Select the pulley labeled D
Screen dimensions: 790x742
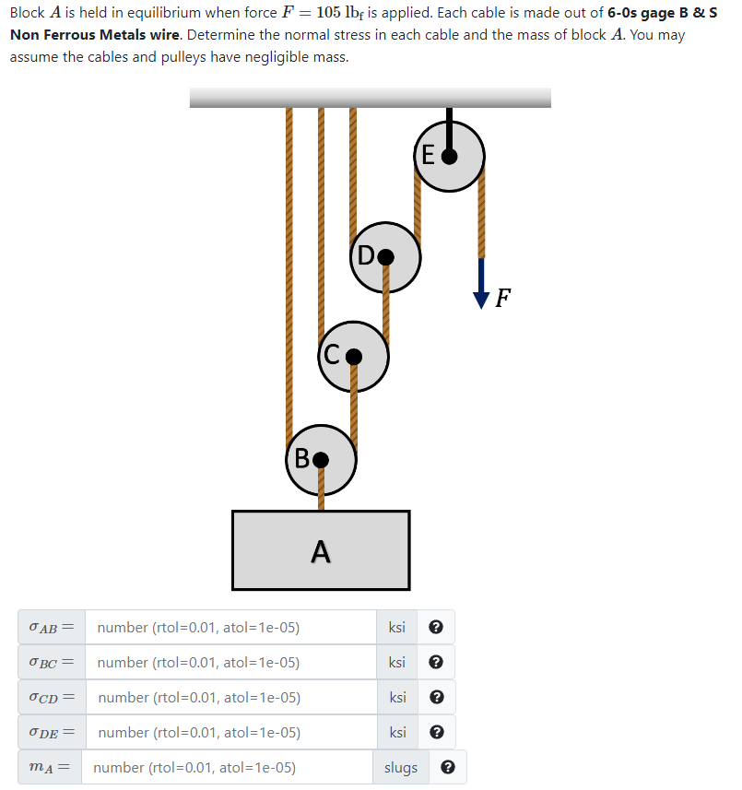click(385, 256)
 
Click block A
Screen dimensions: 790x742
click(320, 550)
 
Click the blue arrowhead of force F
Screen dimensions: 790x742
click(480, 297)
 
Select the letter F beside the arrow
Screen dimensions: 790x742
click(502, 297)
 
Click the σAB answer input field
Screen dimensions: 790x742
click(230, 628)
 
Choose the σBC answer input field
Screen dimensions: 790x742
click(230, 663)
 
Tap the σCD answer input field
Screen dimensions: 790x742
click(230, 698)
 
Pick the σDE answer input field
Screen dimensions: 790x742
click(230, 733)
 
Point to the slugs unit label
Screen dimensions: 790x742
click(401, 768)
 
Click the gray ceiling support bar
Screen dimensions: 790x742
click(370, 98)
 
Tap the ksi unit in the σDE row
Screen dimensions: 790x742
click(397, 733)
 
